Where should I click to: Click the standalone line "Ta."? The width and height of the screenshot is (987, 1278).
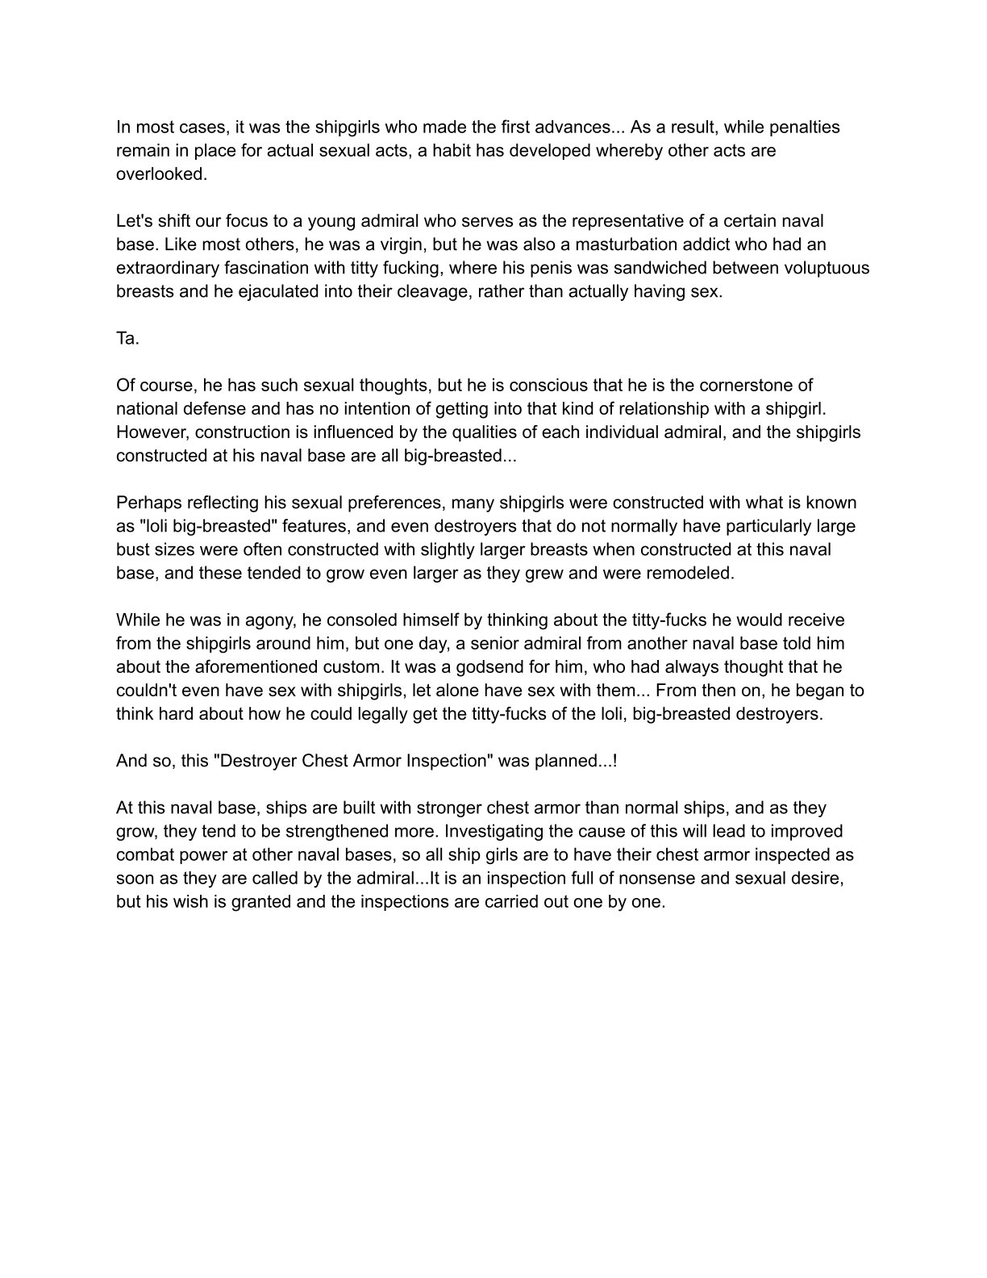(x=127, y=338)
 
